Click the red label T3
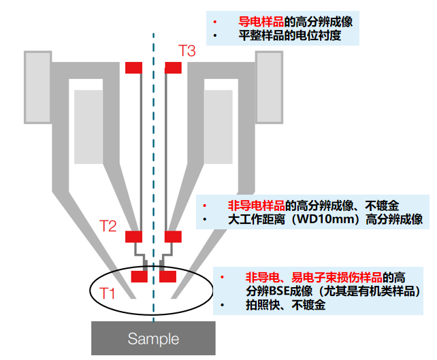pyautogui.click(x=187, y=50)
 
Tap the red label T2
pyautogui.click(x=109, y=226)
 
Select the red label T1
pyautogui.click(x=108, y=293)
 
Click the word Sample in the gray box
pyautogui.click(x=153, y=338)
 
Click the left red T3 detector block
pyautogui.click(x=133, y=67)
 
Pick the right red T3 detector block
pyautogui.click(x=174, y=67)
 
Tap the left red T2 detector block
pyautogui.click(x=133, y=237)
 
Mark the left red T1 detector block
pyautogui.click(x=140, y=276)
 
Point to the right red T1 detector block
pyautogui.click(x=167, y=276)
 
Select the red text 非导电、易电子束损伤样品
pyautogui.click(x=313, y=277)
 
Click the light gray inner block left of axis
pyautogui.click(x=89, y=127)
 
